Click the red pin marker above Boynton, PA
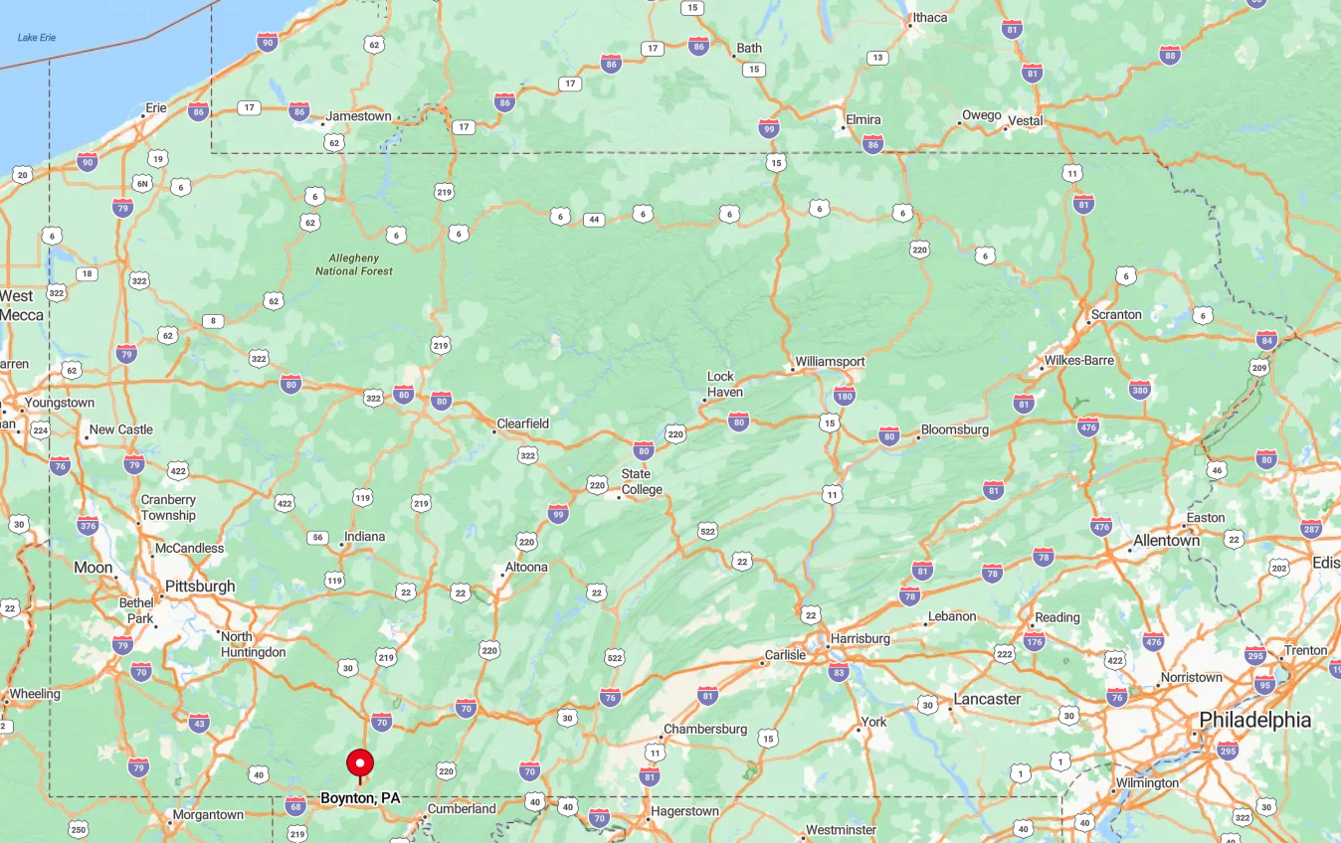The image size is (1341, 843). [360, 763]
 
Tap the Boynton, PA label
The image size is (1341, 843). [360, 798]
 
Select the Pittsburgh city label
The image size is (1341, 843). [200, 587]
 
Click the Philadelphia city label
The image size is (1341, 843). [1254, 720]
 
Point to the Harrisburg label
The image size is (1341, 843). [860, 638]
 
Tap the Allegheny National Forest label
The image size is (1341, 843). [354, 263]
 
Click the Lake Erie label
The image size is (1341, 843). [37, 38]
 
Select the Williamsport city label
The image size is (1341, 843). [830, 362]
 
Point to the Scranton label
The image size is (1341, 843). [1116, 314]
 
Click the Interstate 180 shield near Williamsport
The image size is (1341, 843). [845, 397]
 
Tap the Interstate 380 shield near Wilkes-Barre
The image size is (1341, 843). [1140, 390]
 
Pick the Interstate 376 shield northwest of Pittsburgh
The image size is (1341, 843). [88, 526]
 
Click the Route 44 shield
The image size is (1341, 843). [594, 219]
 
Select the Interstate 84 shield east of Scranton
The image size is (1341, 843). [1266, 340]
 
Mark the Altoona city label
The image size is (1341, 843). [526, 568]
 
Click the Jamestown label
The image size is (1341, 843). [359, 116]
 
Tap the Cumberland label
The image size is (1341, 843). [462, 809]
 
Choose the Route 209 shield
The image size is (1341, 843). [1259, 369]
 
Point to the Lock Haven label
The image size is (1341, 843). [725, 384]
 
